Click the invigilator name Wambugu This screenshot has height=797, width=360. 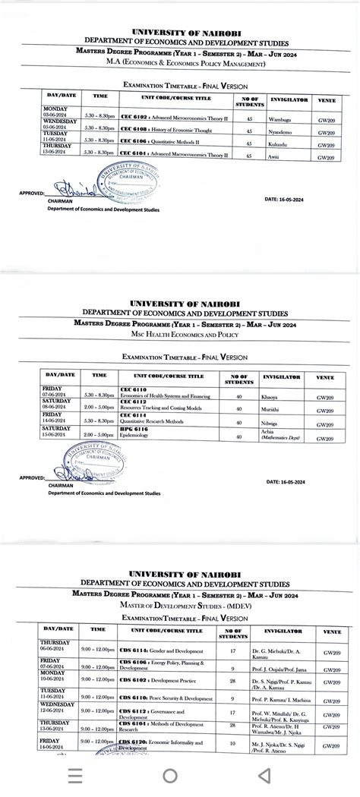[x=279, y=119]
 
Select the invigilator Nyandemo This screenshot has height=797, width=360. [x=281, y=132]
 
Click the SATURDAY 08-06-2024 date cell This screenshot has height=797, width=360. [x=58, y=406]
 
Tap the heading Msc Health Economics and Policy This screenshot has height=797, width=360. [x=180, y=335]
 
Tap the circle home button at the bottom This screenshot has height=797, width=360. [x=170, y=776]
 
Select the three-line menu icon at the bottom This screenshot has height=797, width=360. [x=76, y=776]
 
